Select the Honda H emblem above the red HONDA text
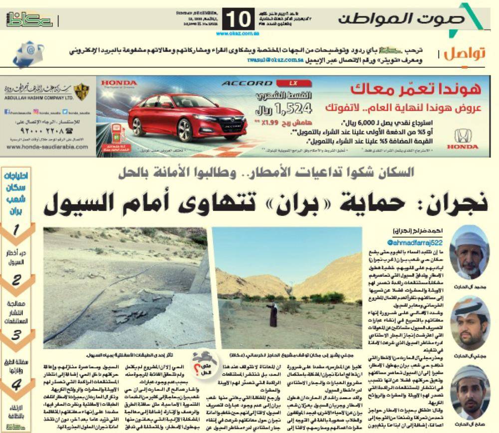click(x=462, y=136)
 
